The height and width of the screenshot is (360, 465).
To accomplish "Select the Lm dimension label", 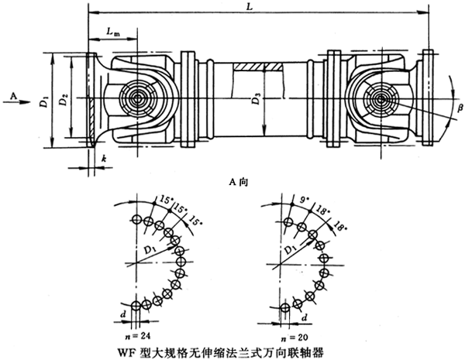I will pos(113,33).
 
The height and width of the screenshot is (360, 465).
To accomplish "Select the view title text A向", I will pos(234,181).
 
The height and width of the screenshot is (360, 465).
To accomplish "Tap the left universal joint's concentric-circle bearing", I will pos(140,101).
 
